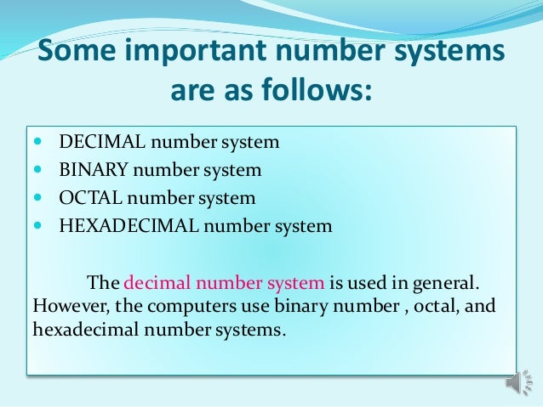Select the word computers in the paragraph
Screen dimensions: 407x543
tap(181, 305)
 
